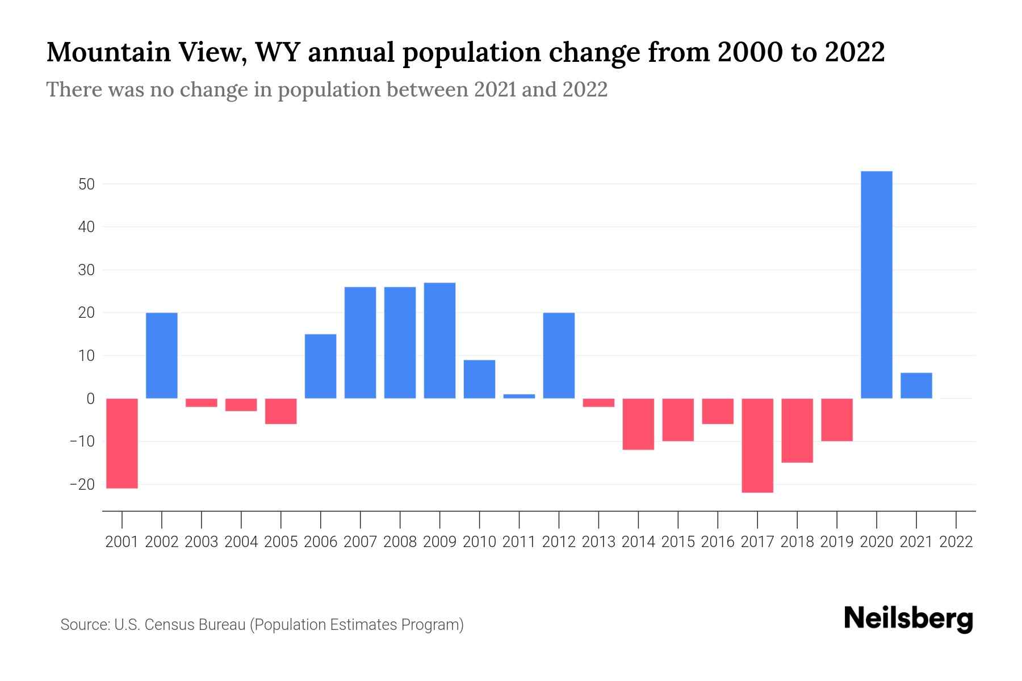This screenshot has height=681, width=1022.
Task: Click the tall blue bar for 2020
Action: pyautogui.click(x=877, y=284)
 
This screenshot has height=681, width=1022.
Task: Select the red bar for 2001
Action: pyautogui.click(x=122, y=443)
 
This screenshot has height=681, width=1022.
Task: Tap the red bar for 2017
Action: pyautogui.click(x=757, y=445)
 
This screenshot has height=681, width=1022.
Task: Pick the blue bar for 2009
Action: pyautogui.click(x=439, y=340)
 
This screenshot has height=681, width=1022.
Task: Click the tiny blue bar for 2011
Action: pyautogui.click(x=519, y=396)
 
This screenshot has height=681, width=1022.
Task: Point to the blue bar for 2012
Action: pyautogui.click(x=559, y=355)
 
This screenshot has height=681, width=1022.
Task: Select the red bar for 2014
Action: pyautogui.click(x=638, y=424)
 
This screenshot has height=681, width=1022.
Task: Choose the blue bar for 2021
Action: pyautogui.click(x=916, y=385)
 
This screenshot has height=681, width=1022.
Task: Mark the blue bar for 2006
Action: pyautogui.click(x=320, y=366)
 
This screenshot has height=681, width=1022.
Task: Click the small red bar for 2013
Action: pyautogui.click(x=598, y=402)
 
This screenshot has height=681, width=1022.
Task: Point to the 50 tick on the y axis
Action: pyautogui.click(x=86, y=184)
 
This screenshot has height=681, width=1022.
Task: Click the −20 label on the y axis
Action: pyautogui.click(x=82, y=485)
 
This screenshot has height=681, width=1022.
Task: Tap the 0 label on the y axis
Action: pyautogui.click(x=90, y=399)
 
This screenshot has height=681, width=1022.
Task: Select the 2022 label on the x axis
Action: pyautogui.click(x=956, y=542)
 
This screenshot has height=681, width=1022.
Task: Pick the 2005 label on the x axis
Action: pyautogui.click(x=280, y=542)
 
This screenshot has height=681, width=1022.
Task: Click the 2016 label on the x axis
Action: pyautogui.click(x=718, y=542)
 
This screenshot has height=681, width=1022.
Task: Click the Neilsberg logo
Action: pyautogui.click(x=908, y=619)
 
